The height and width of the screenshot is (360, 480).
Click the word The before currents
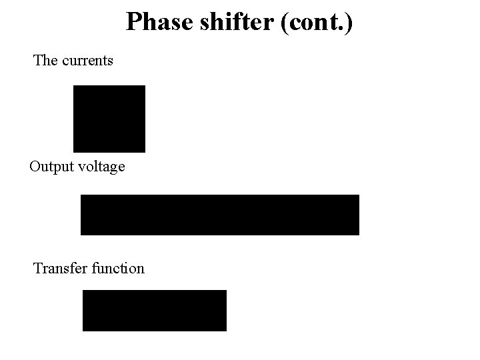click(45, 60)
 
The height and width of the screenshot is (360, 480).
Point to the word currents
click(87, 61)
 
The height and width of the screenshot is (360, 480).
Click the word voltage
click(101, 167)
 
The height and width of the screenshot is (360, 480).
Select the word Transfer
click(61, 268)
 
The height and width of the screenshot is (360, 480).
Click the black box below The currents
click(109, 119)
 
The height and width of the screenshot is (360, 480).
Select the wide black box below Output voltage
click(219, 215)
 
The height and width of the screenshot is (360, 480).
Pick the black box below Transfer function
click(154, 310)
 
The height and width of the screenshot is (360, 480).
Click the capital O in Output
click(35, 167)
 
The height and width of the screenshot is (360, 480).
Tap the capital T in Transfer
click(38, 268)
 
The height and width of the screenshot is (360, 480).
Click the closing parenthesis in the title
click(349, 23)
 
